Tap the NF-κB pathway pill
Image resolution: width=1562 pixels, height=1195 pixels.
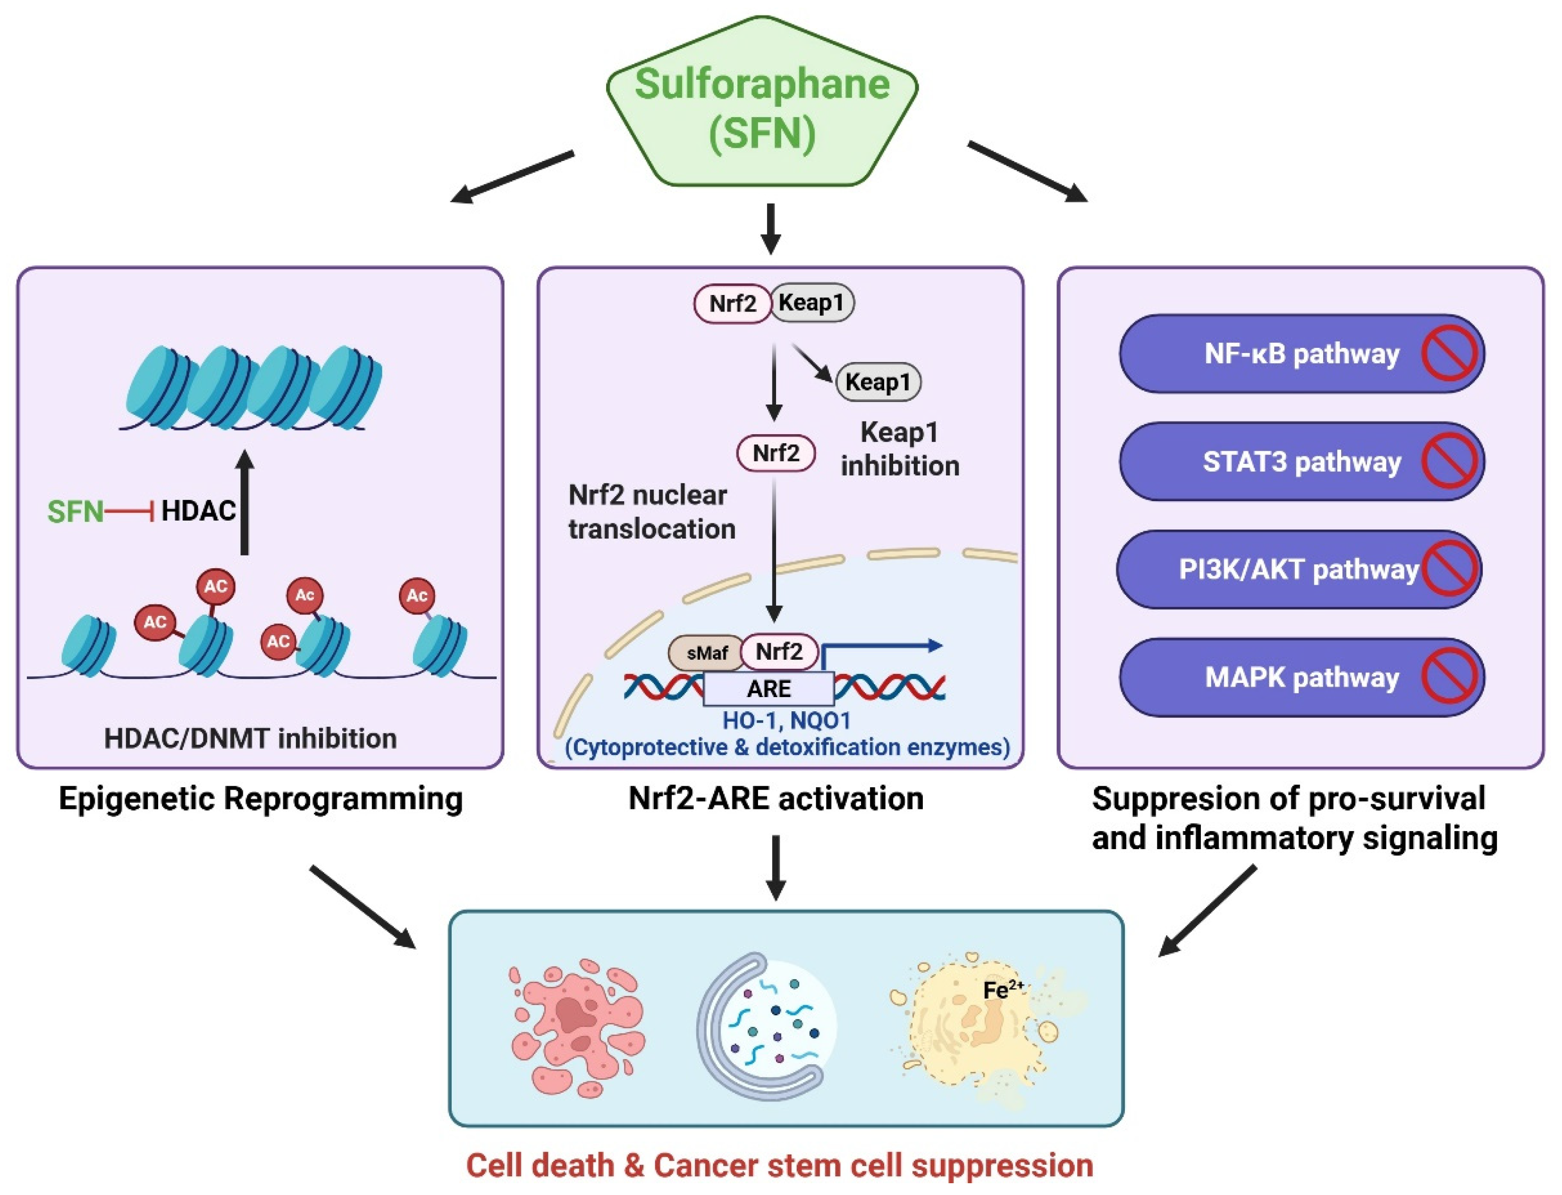point(1302,353)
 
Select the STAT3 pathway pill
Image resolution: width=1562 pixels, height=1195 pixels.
point(1302,462)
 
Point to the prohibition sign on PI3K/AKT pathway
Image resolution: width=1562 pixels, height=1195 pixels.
point(1449,569)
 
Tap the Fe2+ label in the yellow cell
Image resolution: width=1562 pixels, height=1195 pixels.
point(1003,989)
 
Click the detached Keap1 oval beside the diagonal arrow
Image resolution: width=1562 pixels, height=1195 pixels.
point(878,382)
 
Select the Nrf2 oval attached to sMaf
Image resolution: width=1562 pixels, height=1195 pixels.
point(779,652)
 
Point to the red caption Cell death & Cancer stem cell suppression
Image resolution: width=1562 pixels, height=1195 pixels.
point(779,1166)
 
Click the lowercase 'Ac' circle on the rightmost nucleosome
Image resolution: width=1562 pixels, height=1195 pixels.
point(417,595)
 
